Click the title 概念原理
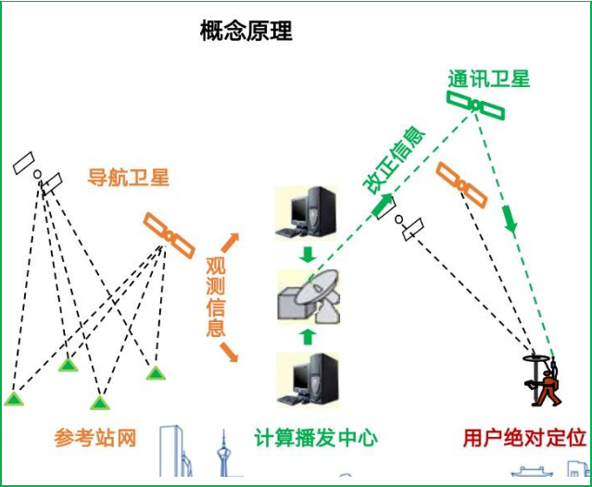click(246, 31)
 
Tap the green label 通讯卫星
click(488, 79)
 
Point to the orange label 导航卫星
click(129, 178)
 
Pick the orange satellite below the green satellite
click(461, 185)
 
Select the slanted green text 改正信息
click(394, 159)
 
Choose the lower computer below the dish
click(309, 381)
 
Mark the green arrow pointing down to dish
click(309, 253)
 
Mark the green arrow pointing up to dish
click(309, 335)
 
